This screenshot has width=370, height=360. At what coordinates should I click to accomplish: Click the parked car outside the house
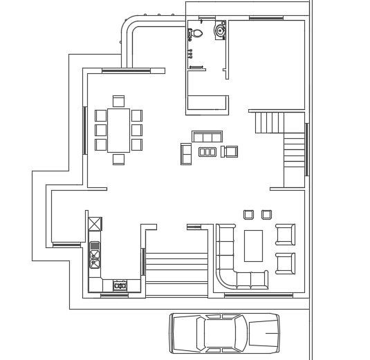[x=225, y=333]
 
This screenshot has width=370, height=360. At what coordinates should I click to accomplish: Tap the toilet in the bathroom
[x=196, y=32]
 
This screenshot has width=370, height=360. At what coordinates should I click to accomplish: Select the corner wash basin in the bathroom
[x=220, y=30]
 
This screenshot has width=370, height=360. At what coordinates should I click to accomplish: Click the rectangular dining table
[x=118, y=130]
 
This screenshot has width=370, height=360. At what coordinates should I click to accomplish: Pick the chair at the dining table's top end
[x=118, y=101]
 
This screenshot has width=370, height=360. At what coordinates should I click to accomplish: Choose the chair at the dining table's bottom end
[x=118, y=159]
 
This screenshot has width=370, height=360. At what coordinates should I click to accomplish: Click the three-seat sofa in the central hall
[x=207, y=137]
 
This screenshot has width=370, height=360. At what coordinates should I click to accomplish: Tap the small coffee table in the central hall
[x=207, y=151]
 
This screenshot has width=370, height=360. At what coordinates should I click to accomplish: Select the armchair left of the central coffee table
[x=185, y=153]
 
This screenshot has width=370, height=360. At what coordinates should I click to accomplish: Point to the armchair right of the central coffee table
[x=230, y=151]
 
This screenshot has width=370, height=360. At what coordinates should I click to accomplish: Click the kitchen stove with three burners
[x=120, y=285]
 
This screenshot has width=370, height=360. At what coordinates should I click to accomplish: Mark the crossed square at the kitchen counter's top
[x=95, y=224]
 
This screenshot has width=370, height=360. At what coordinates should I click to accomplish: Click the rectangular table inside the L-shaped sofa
[x=253, y=245]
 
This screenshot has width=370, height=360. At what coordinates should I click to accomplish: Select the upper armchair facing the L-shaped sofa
[x=285, y=234]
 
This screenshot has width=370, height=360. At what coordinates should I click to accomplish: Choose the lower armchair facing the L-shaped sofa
[x=285, y=263]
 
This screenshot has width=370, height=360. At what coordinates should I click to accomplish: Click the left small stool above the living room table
[x=248, y=215]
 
